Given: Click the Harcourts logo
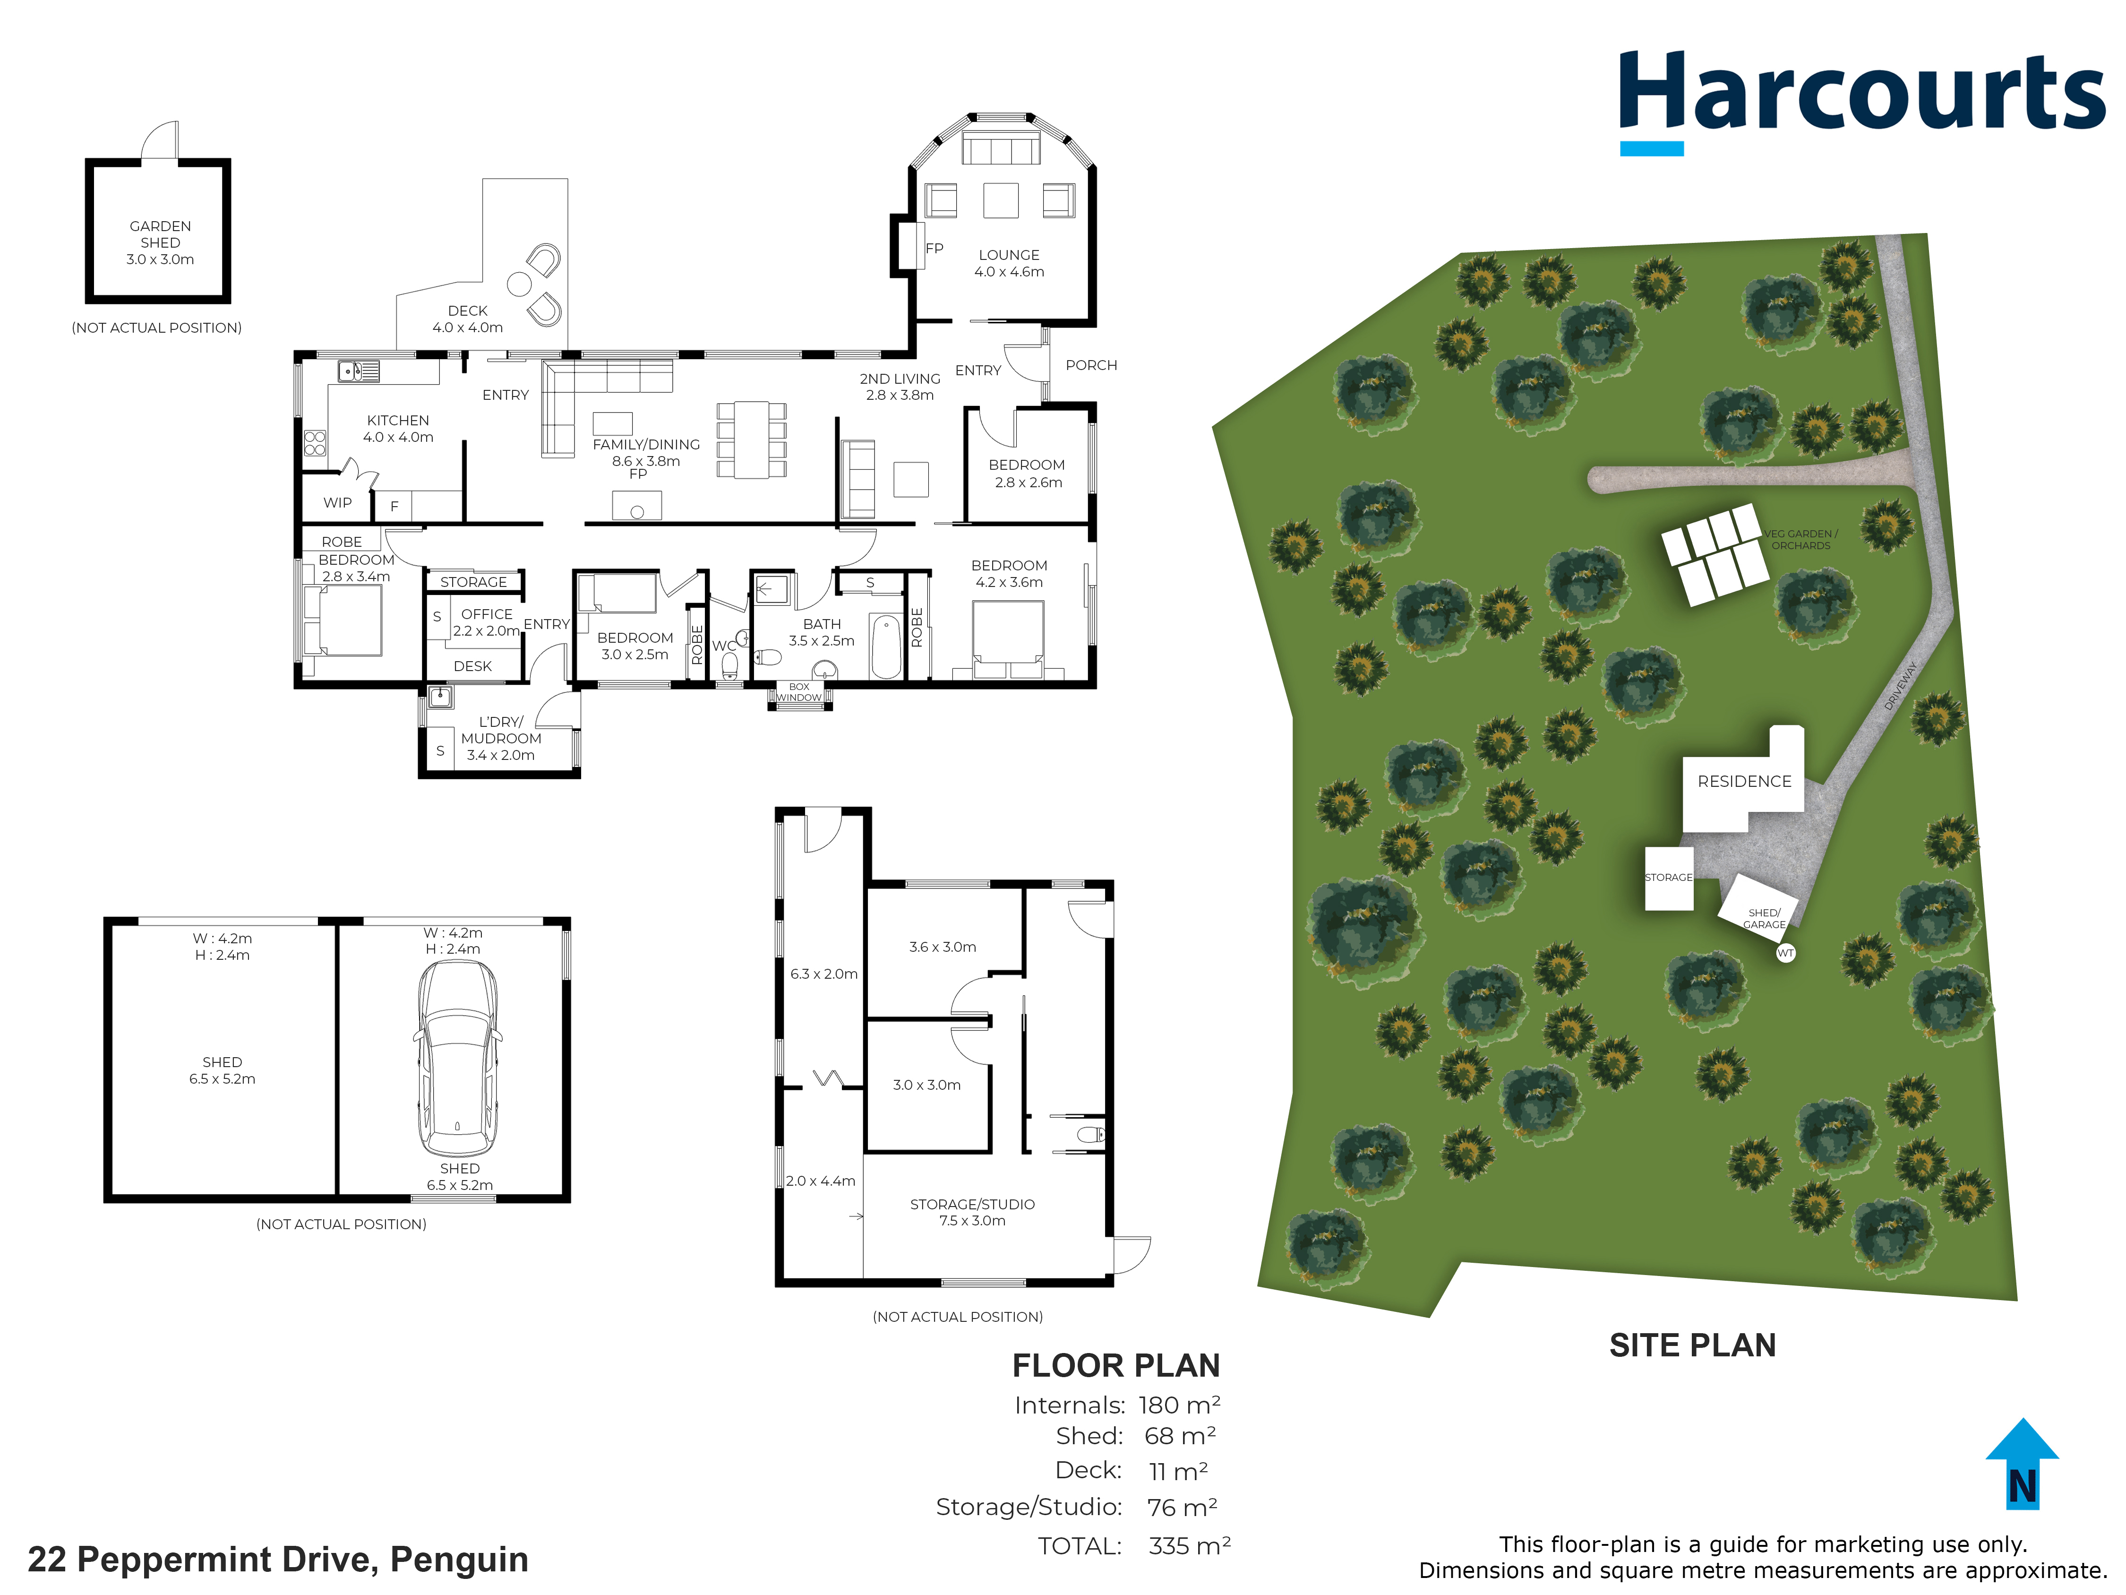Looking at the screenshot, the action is (1862, 101).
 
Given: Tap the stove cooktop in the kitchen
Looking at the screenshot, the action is (315, 442).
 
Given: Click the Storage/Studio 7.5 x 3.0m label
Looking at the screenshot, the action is (973, 1212).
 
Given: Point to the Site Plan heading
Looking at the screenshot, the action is (1693, 1345).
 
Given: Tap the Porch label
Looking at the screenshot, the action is (1091, 365).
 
